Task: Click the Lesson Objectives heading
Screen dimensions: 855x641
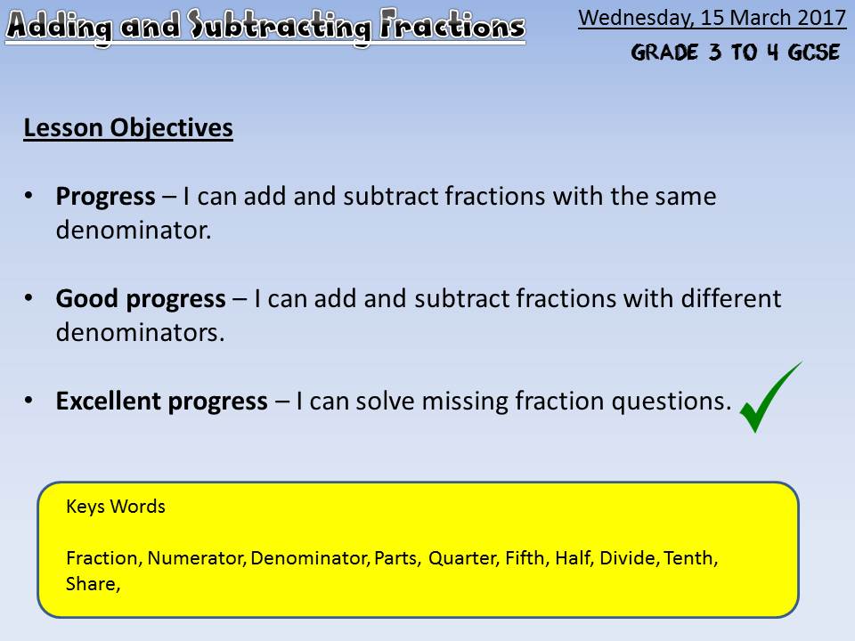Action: coord(128,128)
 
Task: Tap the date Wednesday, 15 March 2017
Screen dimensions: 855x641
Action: coord(712,18)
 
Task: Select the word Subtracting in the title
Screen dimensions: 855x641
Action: coord(279,26)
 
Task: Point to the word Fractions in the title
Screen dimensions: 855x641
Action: coord(452,25)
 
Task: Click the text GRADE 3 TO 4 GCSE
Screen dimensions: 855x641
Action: coord(735,53)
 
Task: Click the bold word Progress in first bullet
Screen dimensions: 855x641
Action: coord(105,197)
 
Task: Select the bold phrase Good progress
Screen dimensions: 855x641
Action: coord(141,299)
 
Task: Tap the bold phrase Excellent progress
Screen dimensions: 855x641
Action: coord(161,402)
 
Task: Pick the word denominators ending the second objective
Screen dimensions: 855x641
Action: coord(140,332)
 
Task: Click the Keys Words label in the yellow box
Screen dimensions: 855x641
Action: coord(116,507)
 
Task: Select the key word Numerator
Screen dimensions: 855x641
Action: coord(196,558)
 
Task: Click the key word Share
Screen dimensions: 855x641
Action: coord(93,584)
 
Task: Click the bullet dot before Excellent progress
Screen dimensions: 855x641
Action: coord(28,402)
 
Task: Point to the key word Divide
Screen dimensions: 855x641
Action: coord(630,558)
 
